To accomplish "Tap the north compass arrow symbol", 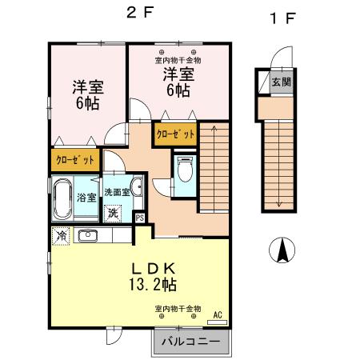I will click(x=282, y=251).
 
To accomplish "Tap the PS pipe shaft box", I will click(x=140, y=217).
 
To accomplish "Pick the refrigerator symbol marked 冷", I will click(x=62, y=236).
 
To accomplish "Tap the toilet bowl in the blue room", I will click(x=184, y=171).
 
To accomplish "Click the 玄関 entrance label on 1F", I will click(x=280, y=82).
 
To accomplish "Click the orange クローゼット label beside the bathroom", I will click(x=74, y=160).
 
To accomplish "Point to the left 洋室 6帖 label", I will click(x=88, y=94).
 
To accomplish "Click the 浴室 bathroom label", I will click(x=86, y=197).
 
